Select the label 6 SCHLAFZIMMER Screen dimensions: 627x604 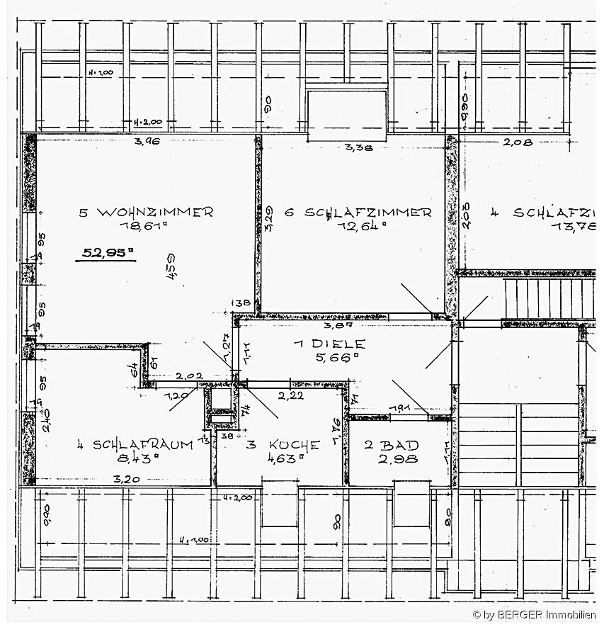(x=358, y=213)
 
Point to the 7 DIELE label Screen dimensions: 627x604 (x=330, y=344)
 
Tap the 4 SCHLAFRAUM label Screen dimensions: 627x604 (x=135, y=444)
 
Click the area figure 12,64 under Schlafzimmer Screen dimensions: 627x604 (x=363, y=227)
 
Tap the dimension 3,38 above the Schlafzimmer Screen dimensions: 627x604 (x=358, y=148)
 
